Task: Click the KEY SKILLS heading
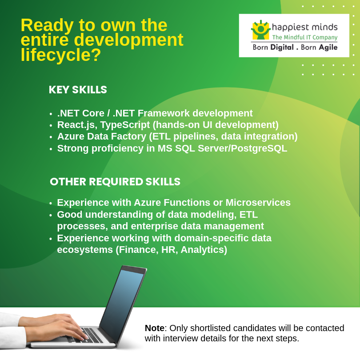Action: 78,90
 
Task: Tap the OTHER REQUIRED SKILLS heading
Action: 115,182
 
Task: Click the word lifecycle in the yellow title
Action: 56,55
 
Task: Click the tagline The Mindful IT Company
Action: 304,38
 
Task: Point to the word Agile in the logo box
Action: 328,48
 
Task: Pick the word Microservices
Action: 258,203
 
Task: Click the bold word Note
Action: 154,328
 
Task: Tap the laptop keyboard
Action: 91,334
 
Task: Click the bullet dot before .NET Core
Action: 51,114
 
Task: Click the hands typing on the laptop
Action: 53,327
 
